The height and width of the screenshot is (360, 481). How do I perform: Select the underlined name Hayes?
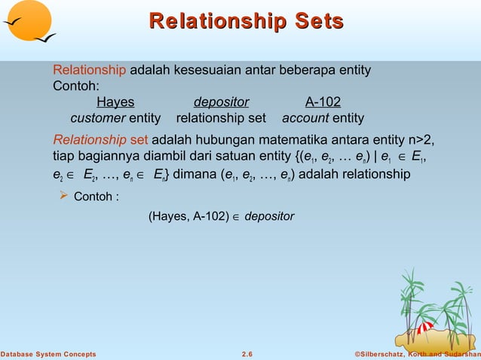115,102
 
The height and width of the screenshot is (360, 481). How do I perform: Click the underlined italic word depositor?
221,102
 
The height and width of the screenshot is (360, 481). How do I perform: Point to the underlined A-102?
323,102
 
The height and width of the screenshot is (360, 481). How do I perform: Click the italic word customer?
97,118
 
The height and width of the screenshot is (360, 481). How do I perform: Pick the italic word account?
305,118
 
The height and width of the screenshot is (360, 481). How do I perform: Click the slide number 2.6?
247,354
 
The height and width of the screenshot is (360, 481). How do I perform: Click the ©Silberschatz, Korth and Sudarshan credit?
417,354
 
